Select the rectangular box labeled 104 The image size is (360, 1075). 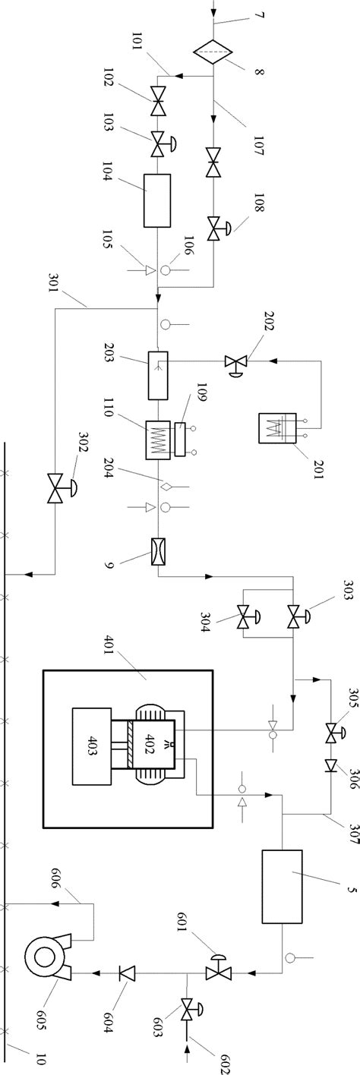[157, 200]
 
